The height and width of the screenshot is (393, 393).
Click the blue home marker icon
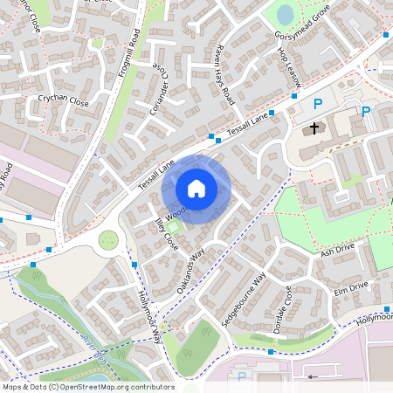tap(196, 188)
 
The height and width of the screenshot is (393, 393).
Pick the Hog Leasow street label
tap(289, 67)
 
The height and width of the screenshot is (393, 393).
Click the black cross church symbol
tap(314, 128)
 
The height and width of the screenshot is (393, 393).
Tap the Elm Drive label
tap(350, 285)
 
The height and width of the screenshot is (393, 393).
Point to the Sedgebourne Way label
tap(244, 299)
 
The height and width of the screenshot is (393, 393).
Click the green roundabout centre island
tap(108, 238)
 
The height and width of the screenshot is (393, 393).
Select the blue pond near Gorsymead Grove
tap(286, 15)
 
